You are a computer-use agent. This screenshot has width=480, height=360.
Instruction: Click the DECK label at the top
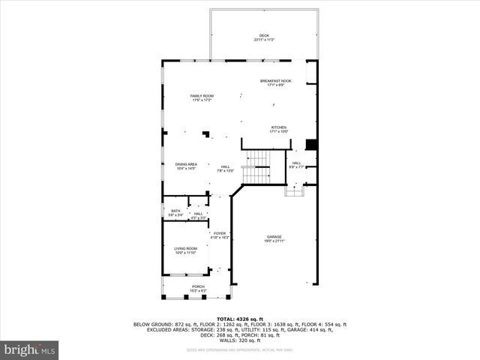(x=263, y=35)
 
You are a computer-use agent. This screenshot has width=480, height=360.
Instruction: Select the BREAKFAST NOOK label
(x=275, y=81)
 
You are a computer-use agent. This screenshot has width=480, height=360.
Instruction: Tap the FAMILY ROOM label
(x=202, y=96)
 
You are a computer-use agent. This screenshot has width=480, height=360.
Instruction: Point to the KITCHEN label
(x=278, y=127)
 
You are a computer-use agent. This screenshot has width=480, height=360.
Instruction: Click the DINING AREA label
(x=186, y=164)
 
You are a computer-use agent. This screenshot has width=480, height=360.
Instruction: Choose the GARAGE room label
(x=274, y=237)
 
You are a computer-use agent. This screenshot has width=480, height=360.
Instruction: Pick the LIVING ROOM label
(x=185, y=248)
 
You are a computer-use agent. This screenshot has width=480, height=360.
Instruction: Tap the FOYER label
(x=219, y=233)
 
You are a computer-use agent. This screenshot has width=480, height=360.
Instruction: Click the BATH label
(x=175, y=211)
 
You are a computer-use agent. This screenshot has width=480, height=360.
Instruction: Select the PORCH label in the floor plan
(x=198, y=286)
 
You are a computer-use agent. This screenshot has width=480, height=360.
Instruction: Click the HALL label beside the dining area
(x=225, y=166)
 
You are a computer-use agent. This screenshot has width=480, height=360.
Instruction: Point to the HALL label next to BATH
(x=198, y=214)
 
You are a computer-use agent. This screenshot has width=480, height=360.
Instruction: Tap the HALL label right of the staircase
(x=296, y=163)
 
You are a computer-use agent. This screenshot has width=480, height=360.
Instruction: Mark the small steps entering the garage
(x=295, y=190)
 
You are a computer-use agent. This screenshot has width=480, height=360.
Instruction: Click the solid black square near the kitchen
(x=313, y=145)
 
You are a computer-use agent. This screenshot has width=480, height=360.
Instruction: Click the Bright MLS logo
(x=30, y=349)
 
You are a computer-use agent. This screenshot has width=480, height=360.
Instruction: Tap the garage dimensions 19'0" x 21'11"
(x=274, y=241)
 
